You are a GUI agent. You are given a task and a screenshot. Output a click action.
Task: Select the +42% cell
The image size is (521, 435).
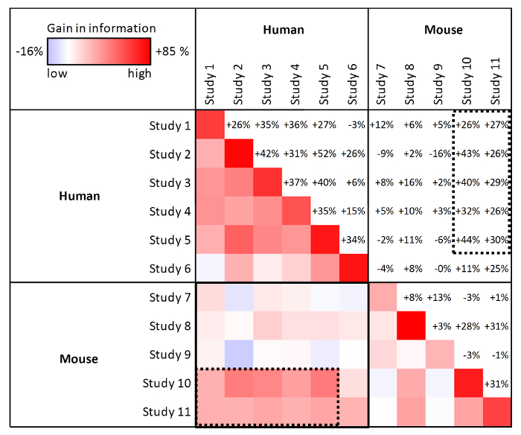(267, 153)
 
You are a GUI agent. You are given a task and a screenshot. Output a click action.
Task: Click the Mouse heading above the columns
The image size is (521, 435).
(443, 30)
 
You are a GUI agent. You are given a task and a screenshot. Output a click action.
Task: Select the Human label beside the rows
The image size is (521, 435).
(80, 197)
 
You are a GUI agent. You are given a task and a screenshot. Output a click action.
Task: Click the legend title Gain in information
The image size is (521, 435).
(101, 28)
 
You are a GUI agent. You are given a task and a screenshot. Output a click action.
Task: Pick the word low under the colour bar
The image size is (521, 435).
(57, 73)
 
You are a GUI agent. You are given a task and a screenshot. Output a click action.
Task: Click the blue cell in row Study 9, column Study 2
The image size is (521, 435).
(238, 355)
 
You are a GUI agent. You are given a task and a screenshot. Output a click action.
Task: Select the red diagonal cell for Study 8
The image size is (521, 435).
(412, 326)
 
